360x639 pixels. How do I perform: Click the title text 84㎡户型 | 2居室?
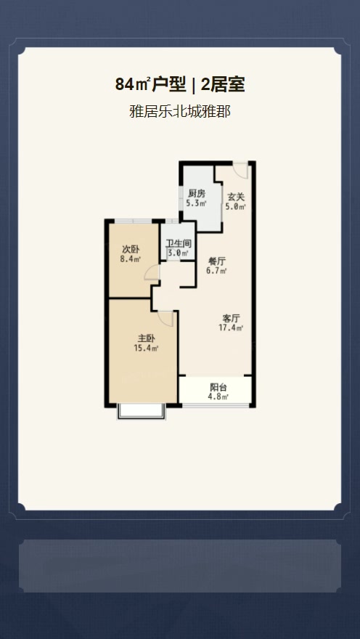point(179,85)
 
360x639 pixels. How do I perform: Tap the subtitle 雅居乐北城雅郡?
point(179,111)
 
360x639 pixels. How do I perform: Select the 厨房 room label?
point(196,195)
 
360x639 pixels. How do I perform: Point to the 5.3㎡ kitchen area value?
point(196,203)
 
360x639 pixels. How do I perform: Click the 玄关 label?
point(235,197)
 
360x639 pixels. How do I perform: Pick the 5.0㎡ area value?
point(236,207)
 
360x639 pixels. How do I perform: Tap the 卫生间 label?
point(179,244)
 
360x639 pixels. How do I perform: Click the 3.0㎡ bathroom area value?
point(179,253)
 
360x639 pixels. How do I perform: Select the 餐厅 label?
point(216,261)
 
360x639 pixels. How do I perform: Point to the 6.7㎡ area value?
point(216,270)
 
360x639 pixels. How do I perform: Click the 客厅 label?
point(231,318)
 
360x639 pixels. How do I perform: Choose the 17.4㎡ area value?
point(231,327)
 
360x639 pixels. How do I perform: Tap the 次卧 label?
point(131,248)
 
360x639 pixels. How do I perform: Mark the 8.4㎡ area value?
point(131,259)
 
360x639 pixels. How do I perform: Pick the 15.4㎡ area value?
point(146,348)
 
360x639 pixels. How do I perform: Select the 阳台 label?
point(218,387)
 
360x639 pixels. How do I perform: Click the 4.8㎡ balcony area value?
point(218,396)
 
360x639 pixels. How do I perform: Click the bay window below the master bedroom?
point(142,412)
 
